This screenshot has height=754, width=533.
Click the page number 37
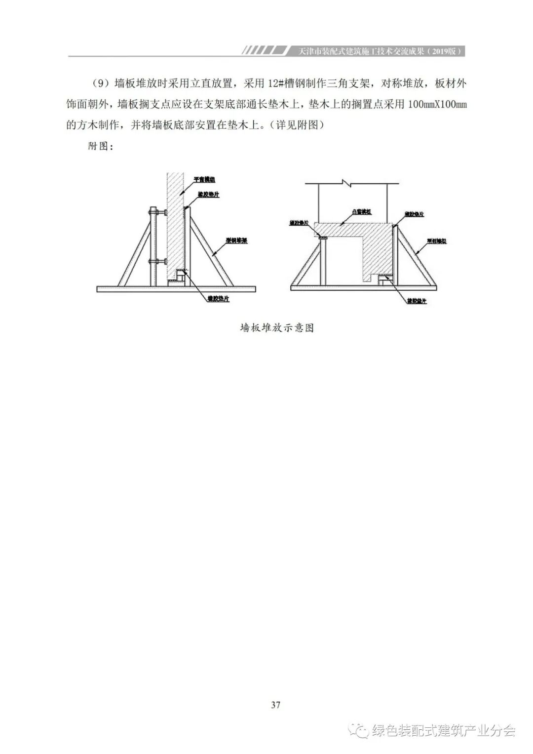(275, 705)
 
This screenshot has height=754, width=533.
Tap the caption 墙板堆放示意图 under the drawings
(277, 328)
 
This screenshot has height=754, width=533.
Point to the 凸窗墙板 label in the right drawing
(361, 211)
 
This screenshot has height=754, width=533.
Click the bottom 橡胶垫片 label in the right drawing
(417, 300)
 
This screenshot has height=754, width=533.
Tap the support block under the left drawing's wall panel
(177, 280)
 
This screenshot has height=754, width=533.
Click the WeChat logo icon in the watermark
(359, 730)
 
